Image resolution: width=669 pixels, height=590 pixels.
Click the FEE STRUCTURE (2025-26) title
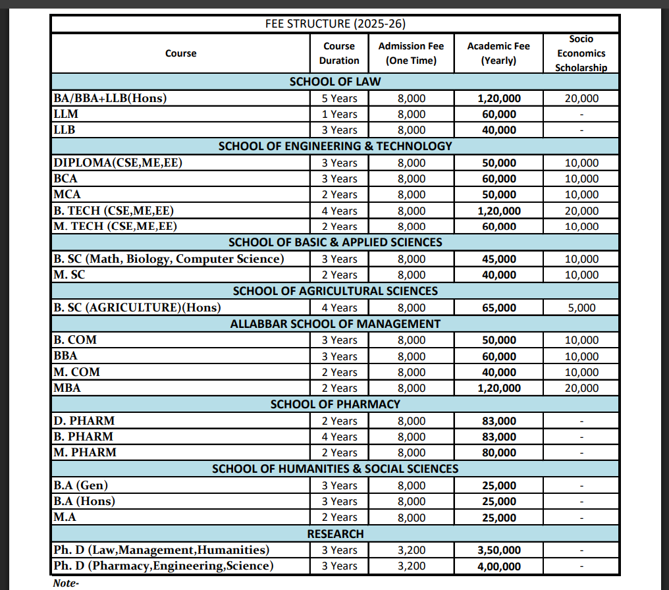coord(335,24)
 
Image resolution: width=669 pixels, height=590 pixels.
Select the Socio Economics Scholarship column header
coord(581,53)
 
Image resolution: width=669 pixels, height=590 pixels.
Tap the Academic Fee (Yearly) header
coord(498,53)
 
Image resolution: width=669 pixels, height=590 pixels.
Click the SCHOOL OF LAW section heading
coord(335,82)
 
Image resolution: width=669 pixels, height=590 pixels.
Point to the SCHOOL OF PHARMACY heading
coord(335,404)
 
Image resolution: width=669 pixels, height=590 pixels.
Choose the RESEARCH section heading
coord(335,533)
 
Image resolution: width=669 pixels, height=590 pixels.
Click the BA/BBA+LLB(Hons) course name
coord(110,98)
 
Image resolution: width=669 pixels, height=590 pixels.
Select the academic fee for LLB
coord(499,130)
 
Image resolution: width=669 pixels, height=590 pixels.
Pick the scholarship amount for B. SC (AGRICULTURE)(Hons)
coord(581,308)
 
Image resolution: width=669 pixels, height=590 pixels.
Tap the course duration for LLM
coord(339,114)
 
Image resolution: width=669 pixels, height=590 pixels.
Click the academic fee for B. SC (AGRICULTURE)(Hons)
coord(499,308)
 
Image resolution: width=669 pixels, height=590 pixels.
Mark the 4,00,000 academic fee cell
coord(498,566)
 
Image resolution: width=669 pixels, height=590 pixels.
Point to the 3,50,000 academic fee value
coord(498,550)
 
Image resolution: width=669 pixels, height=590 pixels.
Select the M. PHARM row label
coord(85,452)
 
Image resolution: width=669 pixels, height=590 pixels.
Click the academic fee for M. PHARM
coord(499,452)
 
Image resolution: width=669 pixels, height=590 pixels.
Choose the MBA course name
coord(67,388)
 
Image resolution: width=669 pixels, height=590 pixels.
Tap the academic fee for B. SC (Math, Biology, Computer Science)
coord(499,259)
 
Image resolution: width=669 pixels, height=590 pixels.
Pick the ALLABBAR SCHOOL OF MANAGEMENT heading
coord(335,323)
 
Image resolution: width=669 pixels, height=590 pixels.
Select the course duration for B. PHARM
coord(339,437)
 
